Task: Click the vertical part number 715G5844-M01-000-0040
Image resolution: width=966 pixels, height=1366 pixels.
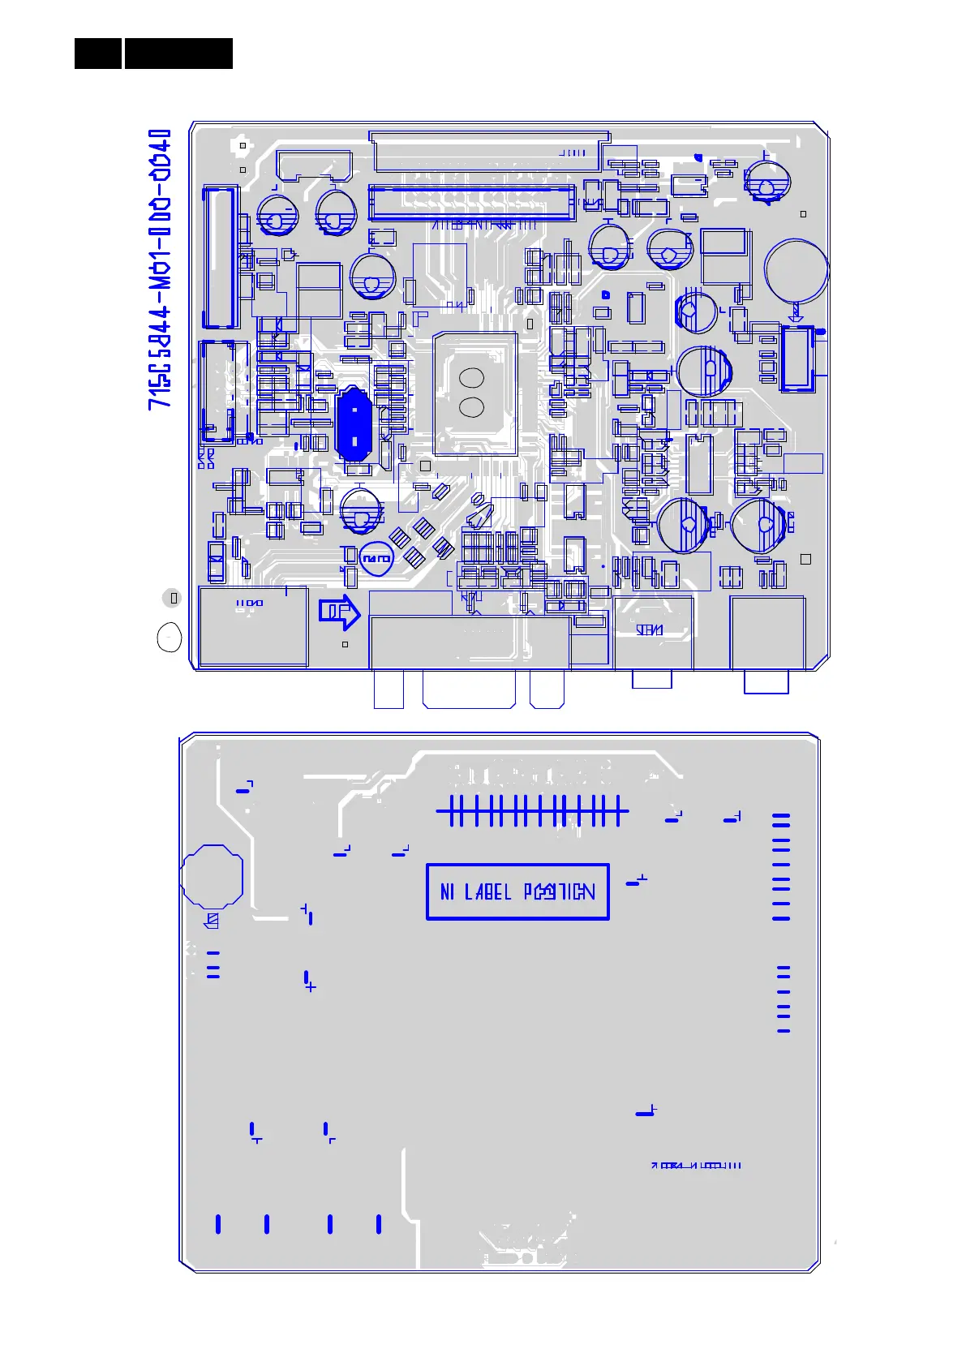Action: click(160, 268)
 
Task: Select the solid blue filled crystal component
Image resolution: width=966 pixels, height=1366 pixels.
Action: click(353, 423)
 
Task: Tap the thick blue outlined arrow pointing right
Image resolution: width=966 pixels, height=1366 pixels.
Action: click(339, 612)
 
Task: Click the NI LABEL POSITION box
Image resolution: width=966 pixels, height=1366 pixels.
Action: click(517, 891)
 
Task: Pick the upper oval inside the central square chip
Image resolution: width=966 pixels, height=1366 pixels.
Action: click(471, 378)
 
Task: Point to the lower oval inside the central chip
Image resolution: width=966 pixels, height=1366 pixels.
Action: click(471, 407)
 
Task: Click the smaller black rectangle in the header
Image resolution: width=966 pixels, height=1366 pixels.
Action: click(97, 54)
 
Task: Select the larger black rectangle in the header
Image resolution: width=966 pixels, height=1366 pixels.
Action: click(178, 54)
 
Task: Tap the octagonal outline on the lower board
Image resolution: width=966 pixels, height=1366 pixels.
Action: click(212, 875)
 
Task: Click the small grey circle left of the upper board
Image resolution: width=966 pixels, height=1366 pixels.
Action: click(172, 598)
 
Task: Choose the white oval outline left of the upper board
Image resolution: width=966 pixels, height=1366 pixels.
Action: click(169, 638)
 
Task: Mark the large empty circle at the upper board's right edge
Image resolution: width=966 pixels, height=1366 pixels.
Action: click(796, 270)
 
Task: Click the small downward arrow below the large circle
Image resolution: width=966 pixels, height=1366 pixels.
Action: click(796, 313)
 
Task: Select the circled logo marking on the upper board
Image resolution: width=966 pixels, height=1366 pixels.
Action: click(376, 559)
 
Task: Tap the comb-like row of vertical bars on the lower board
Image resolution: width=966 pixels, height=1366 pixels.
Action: click(532, 810)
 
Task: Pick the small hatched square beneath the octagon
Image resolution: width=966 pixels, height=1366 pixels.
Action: click(213, 921)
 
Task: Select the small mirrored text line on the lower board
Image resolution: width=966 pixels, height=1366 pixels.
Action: click(698, 1166)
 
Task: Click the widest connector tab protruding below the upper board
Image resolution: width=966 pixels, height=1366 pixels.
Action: click(469, 689)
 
